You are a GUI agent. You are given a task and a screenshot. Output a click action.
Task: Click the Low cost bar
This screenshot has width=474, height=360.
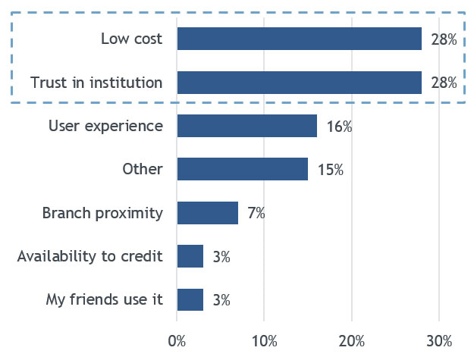[x=299, y=39]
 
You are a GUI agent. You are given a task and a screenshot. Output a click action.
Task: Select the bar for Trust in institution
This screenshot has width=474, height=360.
[x=299, y=82]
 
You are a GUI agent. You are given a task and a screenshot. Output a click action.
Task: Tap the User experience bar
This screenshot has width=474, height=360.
[x=246, y=126]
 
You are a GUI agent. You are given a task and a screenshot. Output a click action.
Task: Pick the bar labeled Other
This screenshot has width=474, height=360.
[x=242, y=169]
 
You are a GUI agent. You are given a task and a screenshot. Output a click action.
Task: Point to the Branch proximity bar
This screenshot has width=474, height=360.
[x=207, y=213]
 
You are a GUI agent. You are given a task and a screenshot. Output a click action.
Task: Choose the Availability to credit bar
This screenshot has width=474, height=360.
[x=190, y=256]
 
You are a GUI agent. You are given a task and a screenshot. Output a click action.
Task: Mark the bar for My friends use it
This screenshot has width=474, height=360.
[x=190, y=299]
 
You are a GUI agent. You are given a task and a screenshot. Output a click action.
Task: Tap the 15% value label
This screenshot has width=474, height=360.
[x=331, y=170]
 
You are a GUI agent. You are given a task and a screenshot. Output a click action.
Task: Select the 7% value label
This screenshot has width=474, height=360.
[x=256, y=214]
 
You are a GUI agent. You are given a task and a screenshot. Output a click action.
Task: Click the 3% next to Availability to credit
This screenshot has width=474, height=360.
[x=221, y=257]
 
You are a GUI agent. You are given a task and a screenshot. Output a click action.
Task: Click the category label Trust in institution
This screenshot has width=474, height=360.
[x=96, y=83]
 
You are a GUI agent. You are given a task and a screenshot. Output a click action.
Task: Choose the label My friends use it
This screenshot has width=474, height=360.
[x=105, y=300]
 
